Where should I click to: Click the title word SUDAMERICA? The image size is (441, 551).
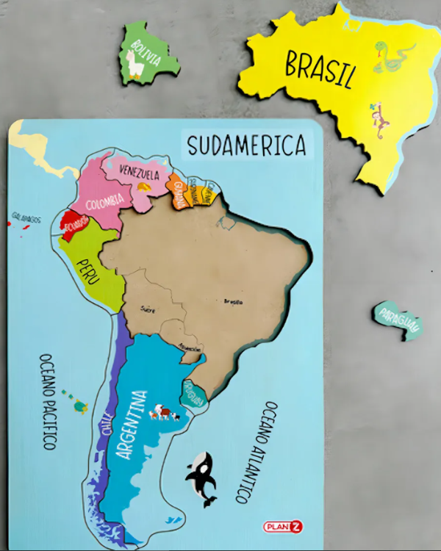(x=245, y=145)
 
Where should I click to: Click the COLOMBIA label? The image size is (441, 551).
(x=104, y=202)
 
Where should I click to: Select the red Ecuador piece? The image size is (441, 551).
(x=73, y=222)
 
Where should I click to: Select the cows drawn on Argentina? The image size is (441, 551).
(x=164, y=414)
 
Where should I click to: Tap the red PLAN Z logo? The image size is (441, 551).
(x=282, y=526)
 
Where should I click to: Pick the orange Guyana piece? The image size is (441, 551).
(x=179, y=192)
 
